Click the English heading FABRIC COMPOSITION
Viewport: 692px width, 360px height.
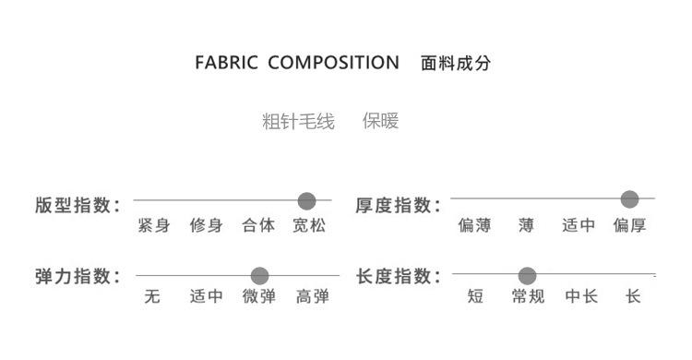point(297,62)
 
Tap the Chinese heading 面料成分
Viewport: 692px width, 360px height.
point(456,63)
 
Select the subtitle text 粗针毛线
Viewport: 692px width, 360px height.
point(298,121)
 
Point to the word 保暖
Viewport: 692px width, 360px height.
point(380,121)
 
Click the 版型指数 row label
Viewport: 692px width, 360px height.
point(78,205)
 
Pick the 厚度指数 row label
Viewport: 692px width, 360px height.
point(398,205)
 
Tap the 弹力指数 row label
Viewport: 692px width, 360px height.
point(78,277)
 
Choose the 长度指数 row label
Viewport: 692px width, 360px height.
point(398,277)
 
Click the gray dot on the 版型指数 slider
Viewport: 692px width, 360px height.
point(306,201)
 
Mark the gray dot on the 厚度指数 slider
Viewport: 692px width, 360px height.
point(630,199)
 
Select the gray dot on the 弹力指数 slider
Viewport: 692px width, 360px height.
point(259,276)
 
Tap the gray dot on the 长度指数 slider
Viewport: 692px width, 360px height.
point(527,276)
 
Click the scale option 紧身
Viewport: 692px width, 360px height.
point(153,225)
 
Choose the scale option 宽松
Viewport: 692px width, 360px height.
point(309,225)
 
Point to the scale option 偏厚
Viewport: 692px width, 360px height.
point(629,225)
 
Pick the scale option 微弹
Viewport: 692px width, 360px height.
point(259,296)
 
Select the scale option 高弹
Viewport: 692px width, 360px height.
point(313,296)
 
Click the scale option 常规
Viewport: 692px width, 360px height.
point(528,296)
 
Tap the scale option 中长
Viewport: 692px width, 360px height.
point(581,296)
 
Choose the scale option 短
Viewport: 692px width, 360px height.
point(475,296)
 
